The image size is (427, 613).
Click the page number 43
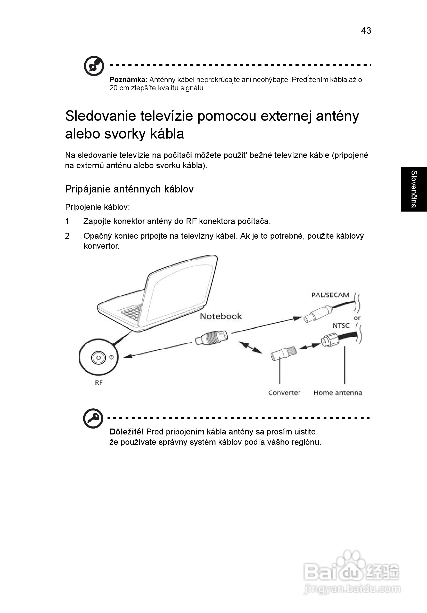pyautogui.click(x=366, y=31)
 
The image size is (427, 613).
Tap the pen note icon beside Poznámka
pyautogui.click(x=94, y=66)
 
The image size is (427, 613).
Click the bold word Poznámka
pyautogui.click(x=128, y=79)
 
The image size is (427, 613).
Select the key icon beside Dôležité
pyautogui.click(x=93, y=418)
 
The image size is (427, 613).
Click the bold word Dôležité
pyautogui.click(x=127, y=432)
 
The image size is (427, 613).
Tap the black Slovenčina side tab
pyautogui.click(x=414, y=189)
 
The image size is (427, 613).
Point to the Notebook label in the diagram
pyautogui.click(x=221, y=316)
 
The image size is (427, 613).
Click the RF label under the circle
pyautogui.click(x=99, y=383)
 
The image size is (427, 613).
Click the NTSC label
pyautogui.click(x=341, y=326)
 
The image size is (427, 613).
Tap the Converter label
pyautogui.click(x=284, y=393)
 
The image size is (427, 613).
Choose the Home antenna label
pyautogui.click(x=338, y=393)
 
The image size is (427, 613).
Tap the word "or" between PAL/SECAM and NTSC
pyautogui.click(x=357, y=318)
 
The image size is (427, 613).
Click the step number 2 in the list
pyautogui.click(x=67, y=236)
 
